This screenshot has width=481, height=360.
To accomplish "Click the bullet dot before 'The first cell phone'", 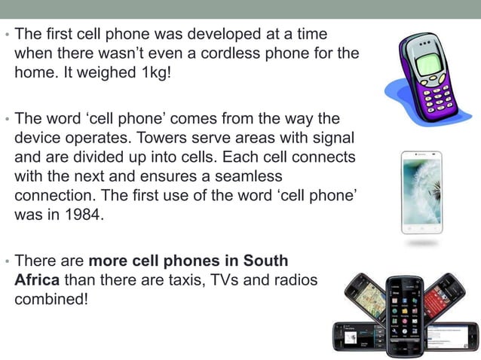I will tap(7, 35).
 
